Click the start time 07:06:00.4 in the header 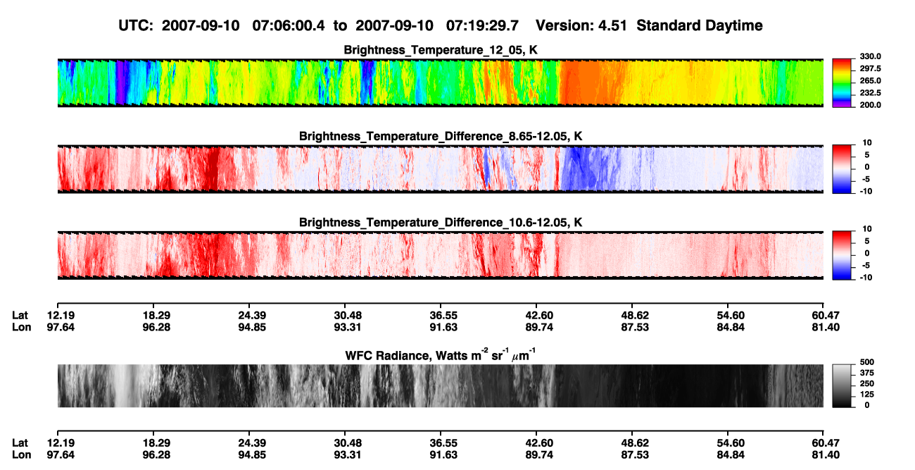click(289, 26)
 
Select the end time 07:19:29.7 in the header click(482, 26)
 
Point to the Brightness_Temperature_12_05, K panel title click(441, 50)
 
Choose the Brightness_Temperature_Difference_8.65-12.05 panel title click(441, 136)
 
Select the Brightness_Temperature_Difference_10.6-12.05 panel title click(441, 223)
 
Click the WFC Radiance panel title click(441, 355)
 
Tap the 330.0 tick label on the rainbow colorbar click(870, 56)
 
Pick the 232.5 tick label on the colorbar click(870, 93)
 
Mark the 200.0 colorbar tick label click(870, 105)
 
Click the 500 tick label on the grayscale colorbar click(867, 362)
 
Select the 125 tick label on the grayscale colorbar click(867, 395)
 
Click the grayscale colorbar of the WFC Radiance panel click(842, 385)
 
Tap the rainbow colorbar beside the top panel click(842, 83)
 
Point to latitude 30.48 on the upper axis click(348, 316)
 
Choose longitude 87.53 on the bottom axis click(635, 455)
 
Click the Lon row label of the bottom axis click(21, 455)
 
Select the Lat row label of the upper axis click(20, 316)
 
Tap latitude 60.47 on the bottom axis click(826, 443)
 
